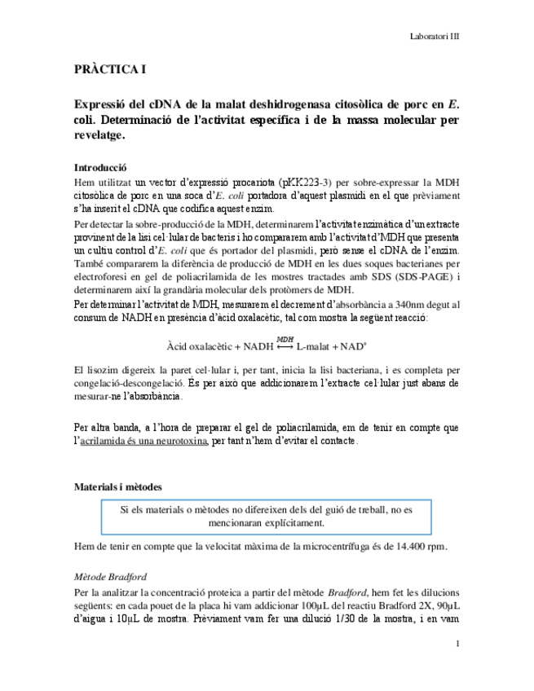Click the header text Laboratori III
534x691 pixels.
pos(433,37)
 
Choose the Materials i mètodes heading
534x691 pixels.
pos(117,486)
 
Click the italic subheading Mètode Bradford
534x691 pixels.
pos(110,577)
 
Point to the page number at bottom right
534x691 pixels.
pos(458,645)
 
